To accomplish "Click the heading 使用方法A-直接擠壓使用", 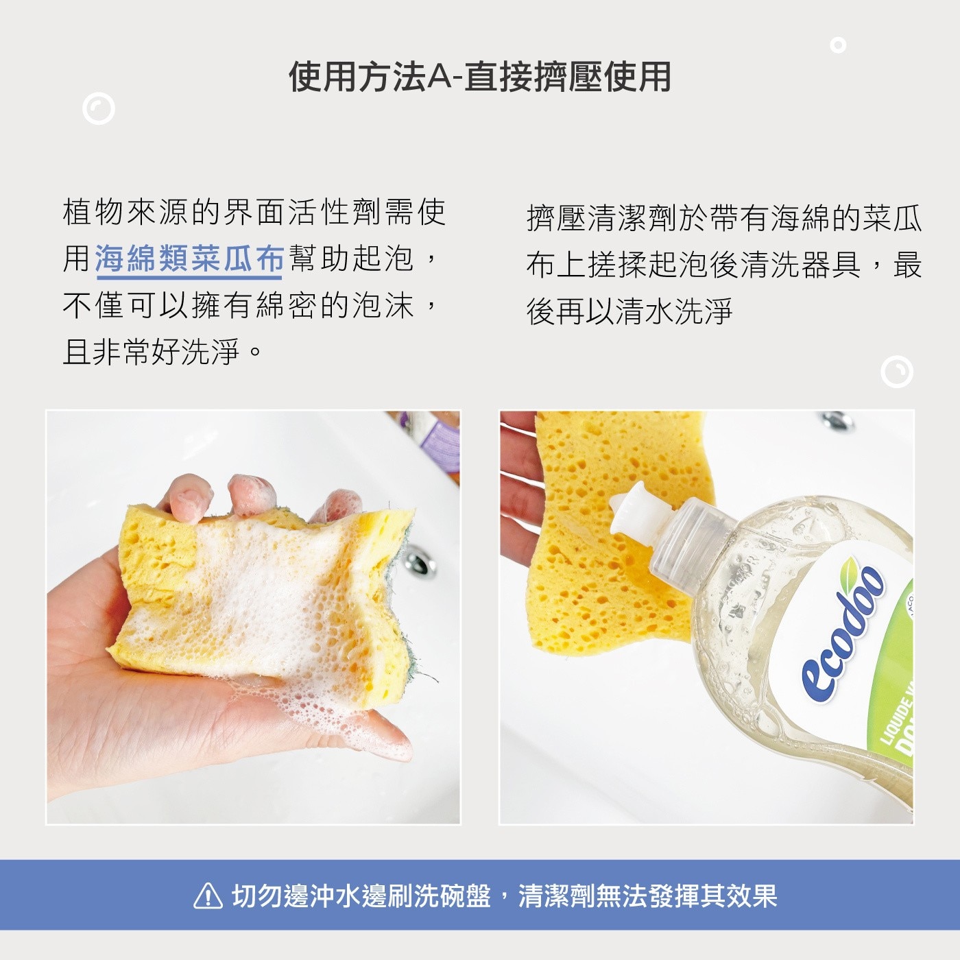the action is coord(480,77).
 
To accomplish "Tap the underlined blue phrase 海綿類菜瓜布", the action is coord(189,259).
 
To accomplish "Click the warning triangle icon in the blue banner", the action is coord(208,896).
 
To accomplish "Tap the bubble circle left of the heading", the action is coord(99,108).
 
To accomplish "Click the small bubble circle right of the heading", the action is coord(838,45).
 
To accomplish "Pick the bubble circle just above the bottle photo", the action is coord(897,372).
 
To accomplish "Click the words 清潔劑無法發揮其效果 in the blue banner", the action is coord(647,896).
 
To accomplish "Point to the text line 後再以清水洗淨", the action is coord(629,311).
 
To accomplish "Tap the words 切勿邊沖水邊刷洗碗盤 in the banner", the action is coord(361,896).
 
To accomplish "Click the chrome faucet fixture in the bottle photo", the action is coord(837,420).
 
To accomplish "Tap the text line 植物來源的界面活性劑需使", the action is coord(254,213).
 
